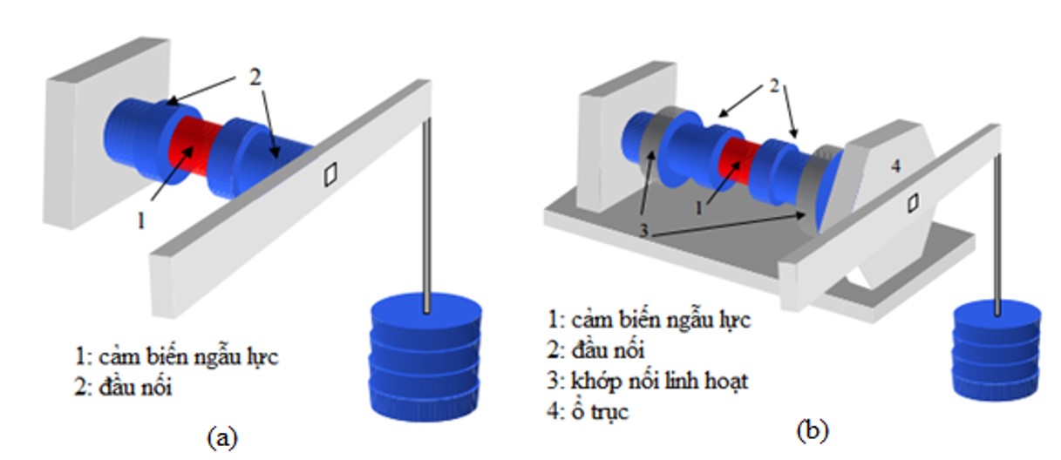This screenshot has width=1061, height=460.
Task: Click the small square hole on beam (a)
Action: coord(330,175)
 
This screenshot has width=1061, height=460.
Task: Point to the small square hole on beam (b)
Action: coord(912,203)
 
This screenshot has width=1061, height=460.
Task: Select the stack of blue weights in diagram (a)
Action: coord(425,357)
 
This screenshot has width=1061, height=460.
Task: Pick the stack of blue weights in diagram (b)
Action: coord(996,348)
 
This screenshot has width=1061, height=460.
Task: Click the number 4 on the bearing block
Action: coord(895,166)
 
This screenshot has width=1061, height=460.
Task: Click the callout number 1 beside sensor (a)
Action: coord(140,221)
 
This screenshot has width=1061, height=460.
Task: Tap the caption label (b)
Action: coord(812,430)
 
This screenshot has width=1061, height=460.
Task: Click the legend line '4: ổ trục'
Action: coord(589,412)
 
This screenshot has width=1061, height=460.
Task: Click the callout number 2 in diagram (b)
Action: coord(773,87)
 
